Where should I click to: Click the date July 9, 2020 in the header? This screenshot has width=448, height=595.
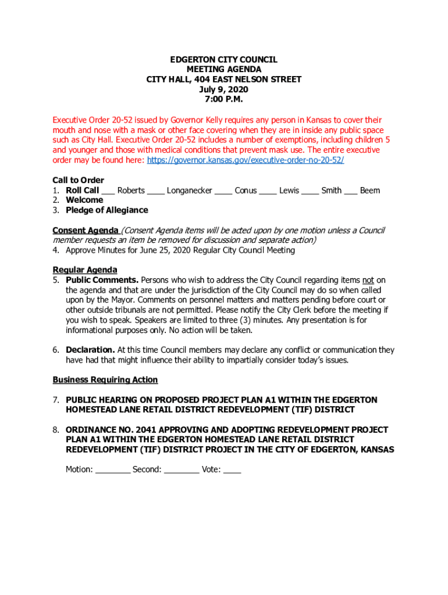(223, 89)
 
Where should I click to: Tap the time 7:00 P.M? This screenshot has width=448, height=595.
(223, 99)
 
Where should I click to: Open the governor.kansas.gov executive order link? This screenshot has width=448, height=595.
(246, 160)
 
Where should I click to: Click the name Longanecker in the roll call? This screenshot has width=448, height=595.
(189, 191)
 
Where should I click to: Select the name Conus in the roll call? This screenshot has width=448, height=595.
(246, 191)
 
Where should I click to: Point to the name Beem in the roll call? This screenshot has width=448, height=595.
(369, 191)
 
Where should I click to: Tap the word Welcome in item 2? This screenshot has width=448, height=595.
(84, 200)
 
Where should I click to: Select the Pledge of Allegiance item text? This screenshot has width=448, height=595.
(107, 210)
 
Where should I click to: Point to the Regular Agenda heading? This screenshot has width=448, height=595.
(85, 270)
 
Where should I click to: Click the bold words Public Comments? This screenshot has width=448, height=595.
(102, 280)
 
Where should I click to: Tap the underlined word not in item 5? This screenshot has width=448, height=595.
(368, 280)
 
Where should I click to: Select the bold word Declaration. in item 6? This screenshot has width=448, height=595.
(90, 350)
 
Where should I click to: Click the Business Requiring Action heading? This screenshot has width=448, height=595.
(105, 380)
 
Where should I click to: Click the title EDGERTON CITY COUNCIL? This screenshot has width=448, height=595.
(223, 60)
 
